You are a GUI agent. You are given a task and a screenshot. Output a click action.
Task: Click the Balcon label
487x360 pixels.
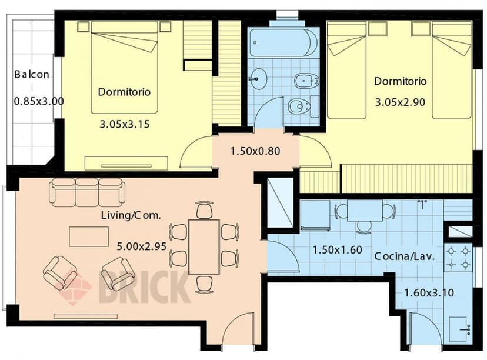click(32, 75)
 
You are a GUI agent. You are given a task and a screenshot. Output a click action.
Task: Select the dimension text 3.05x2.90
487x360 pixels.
click(400, 102)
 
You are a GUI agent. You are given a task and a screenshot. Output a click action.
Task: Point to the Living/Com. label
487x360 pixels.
click(131, 216)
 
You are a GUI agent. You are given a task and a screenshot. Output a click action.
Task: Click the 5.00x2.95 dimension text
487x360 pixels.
click(142, 246)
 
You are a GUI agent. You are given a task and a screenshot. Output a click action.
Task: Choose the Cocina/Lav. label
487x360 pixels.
click(404, 256)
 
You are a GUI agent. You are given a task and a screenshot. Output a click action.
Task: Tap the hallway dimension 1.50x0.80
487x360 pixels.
click(255, 151)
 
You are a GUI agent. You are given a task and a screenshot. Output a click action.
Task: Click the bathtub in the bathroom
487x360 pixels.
click(283, 43)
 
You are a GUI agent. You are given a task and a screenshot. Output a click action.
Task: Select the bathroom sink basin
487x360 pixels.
click(258, 78)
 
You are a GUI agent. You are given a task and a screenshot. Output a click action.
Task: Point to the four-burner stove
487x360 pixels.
click(458, 258)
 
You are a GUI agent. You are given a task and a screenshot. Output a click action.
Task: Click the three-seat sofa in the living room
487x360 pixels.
click(87, 192)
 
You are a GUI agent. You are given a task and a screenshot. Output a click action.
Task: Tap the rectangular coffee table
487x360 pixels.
click(88, 236)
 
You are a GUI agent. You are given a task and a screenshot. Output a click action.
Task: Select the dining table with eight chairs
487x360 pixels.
click(204, 247)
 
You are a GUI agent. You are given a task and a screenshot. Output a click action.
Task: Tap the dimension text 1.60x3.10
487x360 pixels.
click(429, 292)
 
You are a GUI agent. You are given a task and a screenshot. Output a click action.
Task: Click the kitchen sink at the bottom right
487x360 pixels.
click(459, 325)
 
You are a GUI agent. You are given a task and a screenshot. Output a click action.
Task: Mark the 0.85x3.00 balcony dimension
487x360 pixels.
click(38, 101)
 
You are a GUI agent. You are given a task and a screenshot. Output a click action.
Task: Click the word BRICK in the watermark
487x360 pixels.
click(144, 286)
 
